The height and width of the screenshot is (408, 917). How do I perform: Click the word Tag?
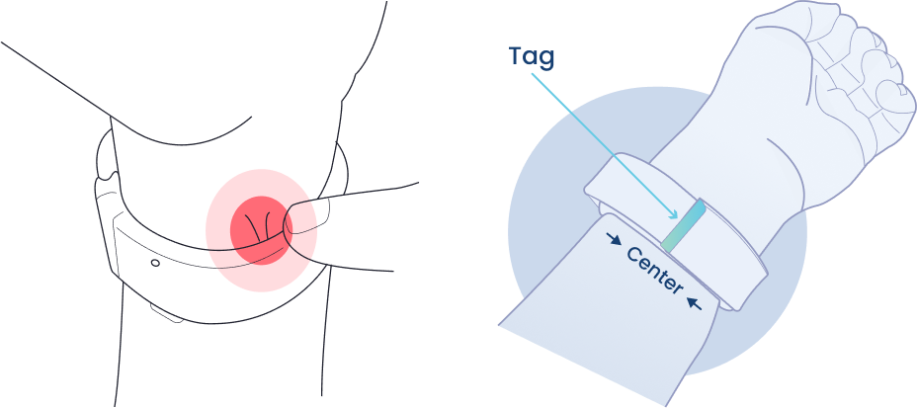(x=533, y=57)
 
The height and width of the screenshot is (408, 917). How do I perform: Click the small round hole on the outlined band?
(x=155, y=263)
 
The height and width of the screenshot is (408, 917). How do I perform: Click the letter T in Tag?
(x=516, y=55)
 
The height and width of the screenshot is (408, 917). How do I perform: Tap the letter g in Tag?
(x=547, y=59)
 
